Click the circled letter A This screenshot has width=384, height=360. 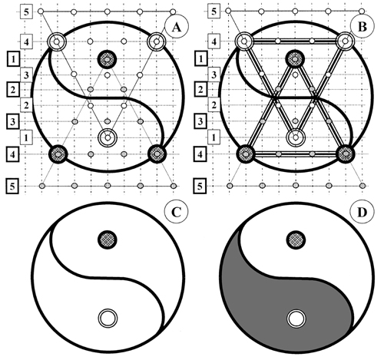tap(177, 26)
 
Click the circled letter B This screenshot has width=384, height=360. tap(362, 26)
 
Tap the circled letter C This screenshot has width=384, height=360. tap(177, 212)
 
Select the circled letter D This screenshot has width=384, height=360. tap(362, 212)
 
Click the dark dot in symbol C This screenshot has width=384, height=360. tap(108, 239)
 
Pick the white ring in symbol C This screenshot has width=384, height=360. tap(108, 319)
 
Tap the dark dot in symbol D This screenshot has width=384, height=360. tap(296, 239)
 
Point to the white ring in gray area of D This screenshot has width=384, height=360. tap(296, 319)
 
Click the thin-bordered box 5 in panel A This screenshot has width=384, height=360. tap(26, 12)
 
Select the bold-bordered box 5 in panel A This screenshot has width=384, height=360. tap(12, 186)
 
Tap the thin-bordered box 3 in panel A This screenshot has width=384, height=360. tap(26, 75)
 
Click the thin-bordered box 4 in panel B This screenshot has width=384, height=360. tap(214, 41)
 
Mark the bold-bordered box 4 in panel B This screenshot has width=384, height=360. tap(200, 154)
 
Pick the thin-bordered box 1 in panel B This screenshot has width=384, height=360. tap(214, 137)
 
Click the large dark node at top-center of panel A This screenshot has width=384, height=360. tap(108, 59)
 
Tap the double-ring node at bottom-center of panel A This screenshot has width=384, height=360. tap(108, 137)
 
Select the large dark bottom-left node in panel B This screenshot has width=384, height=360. tap(246, 154)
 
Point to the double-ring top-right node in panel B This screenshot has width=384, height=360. tap(346, 41)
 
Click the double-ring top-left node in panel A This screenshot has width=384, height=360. tap(57, 41)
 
